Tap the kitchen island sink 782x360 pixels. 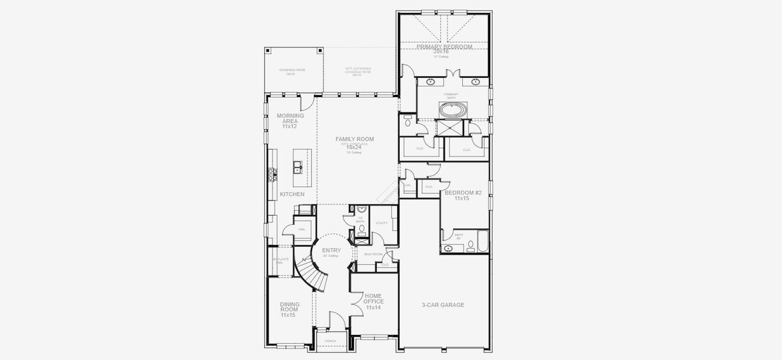tap(296, 167)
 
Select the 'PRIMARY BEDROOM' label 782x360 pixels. tap(445, 46)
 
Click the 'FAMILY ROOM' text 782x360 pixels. tap(354, 139)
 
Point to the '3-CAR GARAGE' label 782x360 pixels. tap(443, 305)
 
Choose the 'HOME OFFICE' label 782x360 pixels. tap(373, 301)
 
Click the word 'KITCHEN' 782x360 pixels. tap(292, 194)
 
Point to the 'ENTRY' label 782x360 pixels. tap(331, 250)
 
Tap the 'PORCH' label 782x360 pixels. tap(330, 341)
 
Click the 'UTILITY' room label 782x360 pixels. tap(382, 223)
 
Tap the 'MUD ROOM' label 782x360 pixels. tap(373, 254)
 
